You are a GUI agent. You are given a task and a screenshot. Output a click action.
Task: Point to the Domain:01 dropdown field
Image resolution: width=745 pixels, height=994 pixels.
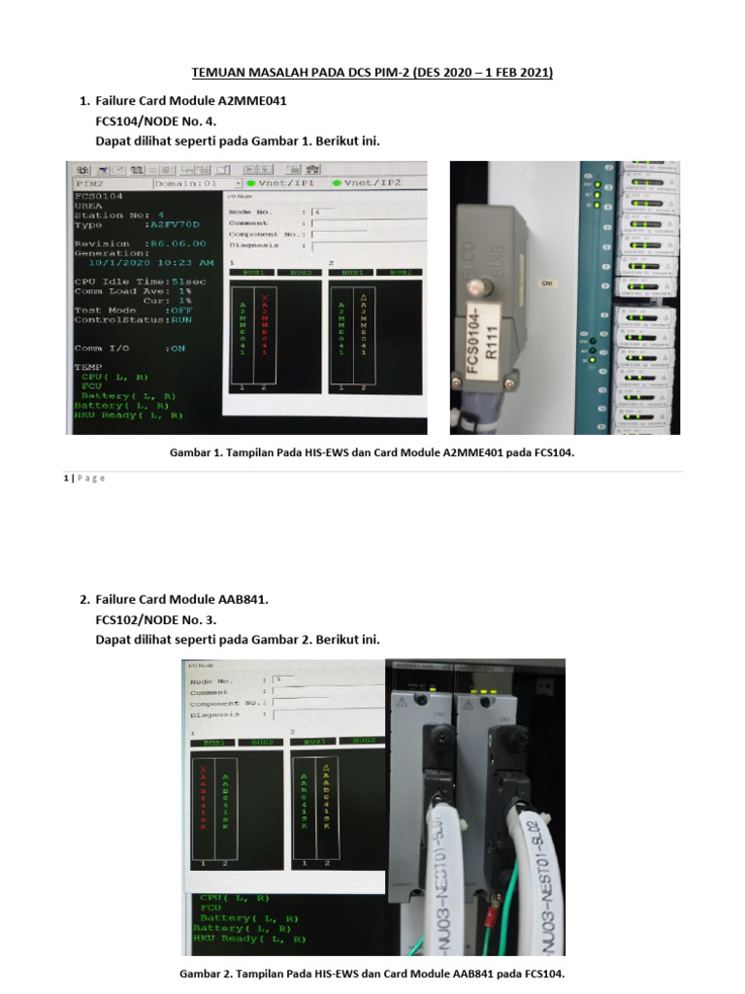click(197, 182)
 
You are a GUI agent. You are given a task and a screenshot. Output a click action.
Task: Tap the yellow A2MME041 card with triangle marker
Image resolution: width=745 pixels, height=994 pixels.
click(362, 324)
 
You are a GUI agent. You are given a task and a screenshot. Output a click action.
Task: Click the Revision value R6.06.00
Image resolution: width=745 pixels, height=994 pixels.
click(175, 244)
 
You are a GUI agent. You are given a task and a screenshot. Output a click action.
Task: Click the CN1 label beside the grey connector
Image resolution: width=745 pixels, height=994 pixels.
click(544, 283)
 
